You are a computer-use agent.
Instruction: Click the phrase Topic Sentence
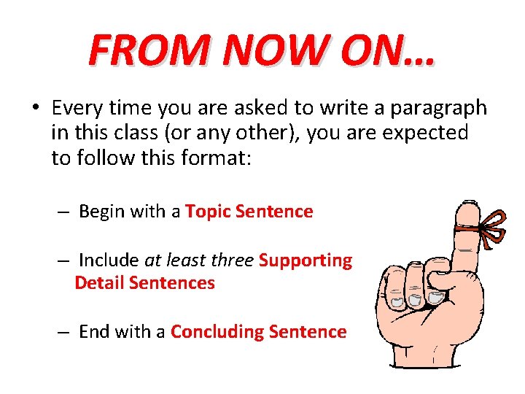pos(249,212)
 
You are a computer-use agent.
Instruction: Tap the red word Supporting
pos(306,260)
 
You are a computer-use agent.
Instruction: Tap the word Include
pos(109,260)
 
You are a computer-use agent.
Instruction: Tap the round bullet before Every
pos(34,109)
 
